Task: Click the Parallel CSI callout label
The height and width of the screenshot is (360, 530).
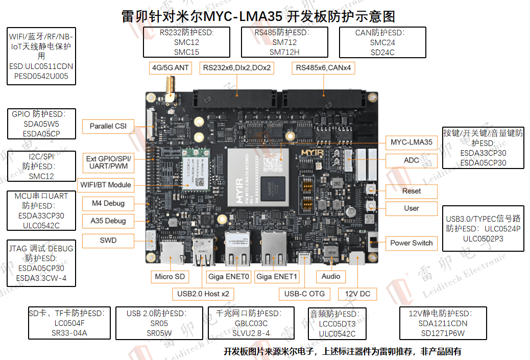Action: coord(108,126)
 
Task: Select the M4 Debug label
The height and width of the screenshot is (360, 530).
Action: coord(108,203)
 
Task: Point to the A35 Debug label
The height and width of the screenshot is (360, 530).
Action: coord(108,221)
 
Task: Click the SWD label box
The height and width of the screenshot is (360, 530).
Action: coord(108,240)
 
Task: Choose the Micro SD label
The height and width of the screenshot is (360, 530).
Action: coord(171,277)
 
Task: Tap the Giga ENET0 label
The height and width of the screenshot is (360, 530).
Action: coord(229,277)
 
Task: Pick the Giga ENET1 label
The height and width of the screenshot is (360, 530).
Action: coord(276,277)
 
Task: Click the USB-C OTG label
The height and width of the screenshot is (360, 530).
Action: coord(304,294)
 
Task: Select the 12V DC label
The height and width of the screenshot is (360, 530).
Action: coord(357,294)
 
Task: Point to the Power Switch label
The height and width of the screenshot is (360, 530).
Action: coord(411,243)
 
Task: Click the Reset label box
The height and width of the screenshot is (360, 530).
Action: coord(411,191)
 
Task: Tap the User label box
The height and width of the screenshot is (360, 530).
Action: coord(411,208)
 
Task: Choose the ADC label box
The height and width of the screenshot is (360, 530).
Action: coord(411,160)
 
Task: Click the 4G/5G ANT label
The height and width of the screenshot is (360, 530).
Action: coord(170,67)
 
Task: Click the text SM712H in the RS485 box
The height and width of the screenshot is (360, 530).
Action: coord(284,52)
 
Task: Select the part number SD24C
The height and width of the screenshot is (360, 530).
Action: coord(382,52)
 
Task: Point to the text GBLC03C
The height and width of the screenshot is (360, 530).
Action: coord(251,323)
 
